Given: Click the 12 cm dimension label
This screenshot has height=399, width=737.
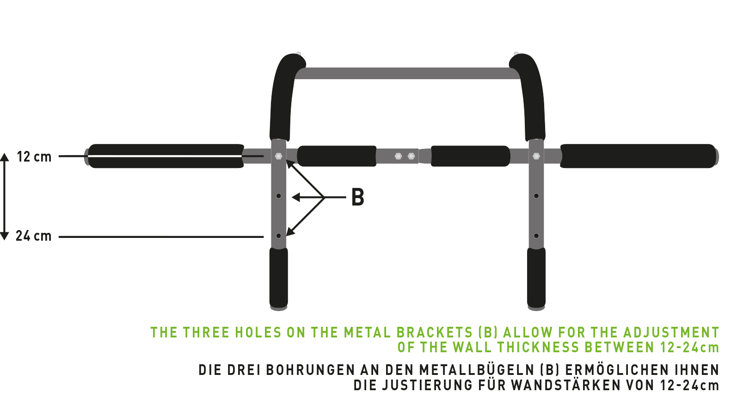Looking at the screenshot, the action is click(x=34, y=157).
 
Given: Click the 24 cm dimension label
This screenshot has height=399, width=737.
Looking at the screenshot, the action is click(x=34, y=236).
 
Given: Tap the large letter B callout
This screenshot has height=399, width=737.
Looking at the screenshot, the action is click(x=358, y=197).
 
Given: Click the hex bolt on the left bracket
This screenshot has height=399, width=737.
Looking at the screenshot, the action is click(x=278, y=156).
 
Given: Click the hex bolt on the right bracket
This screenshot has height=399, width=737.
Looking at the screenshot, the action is click(x=536, y=156).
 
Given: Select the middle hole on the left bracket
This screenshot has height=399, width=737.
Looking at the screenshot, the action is click(x=278, y=196).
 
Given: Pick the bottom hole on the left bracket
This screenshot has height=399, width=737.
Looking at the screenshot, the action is click(x=278, y=236).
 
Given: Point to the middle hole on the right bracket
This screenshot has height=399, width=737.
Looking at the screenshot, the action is click(x=536, y=196).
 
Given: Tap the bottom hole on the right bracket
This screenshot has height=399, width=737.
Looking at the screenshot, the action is click(x=536, y=236).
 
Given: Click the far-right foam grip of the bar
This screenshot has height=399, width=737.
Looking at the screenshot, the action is click(x=638, y=156).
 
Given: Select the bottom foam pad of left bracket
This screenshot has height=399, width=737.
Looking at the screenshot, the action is click(x=278, y=277).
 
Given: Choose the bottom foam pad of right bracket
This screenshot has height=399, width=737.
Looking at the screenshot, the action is click(x=536, y=277).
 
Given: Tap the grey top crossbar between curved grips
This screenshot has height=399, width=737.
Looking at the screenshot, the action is click(x=407, y=74).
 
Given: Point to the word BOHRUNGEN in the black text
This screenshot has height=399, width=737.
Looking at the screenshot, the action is click(x=310, y=370).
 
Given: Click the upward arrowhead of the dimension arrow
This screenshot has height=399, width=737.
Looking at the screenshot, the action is click(x=4, y=157).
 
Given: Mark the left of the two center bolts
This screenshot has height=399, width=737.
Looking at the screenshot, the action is click(x=398, y=156).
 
